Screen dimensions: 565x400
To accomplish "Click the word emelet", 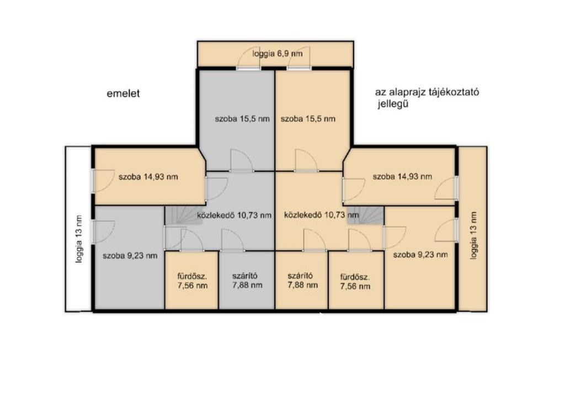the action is [x=123, y=94].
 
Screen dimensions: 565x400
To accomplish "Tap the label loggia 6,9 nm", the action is [x=278, y=54].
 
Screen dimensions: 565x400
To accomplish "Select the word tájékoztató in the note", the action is [x=454, y=92].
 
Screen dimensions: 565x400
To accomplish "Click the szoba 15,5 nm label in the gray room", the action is [x=242, y=119].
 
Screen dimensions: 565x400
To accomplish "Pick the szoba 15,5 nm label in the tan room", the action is [x=308, y=119].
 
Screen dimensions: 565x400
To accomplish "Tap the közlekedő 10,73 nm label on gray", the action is [x=234, y=215].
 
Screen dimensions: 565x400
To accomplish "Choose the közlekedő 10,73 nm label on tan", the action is [x=322, y=215].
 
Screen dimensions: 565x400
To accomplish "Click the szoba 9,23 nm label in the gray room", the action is [x=130, y=256].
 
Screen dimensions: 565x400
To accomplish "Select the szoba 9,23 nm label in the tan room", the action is [x=420, y=255].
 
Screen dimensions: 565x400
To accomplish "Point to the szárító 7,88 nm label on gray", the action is [x=247, y=281].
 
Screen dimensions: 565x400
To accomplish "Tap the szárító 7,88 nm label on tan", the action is [x=303, y=281].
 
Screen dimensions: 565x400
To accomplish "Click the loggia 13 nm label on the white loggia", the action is [x=79, y=239].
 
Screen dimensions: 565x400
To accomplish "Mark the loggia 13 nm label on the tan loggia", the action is [x=473, y=235].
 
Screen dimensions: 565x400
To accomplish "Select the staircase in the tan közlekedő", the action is [x=366, y=215].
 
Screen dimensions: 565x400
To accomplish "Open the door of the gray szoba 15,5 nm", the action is [x=242, y=161].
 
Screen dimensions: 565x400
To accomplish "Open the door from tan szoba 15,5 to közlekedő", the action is [x=307, y=161].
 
